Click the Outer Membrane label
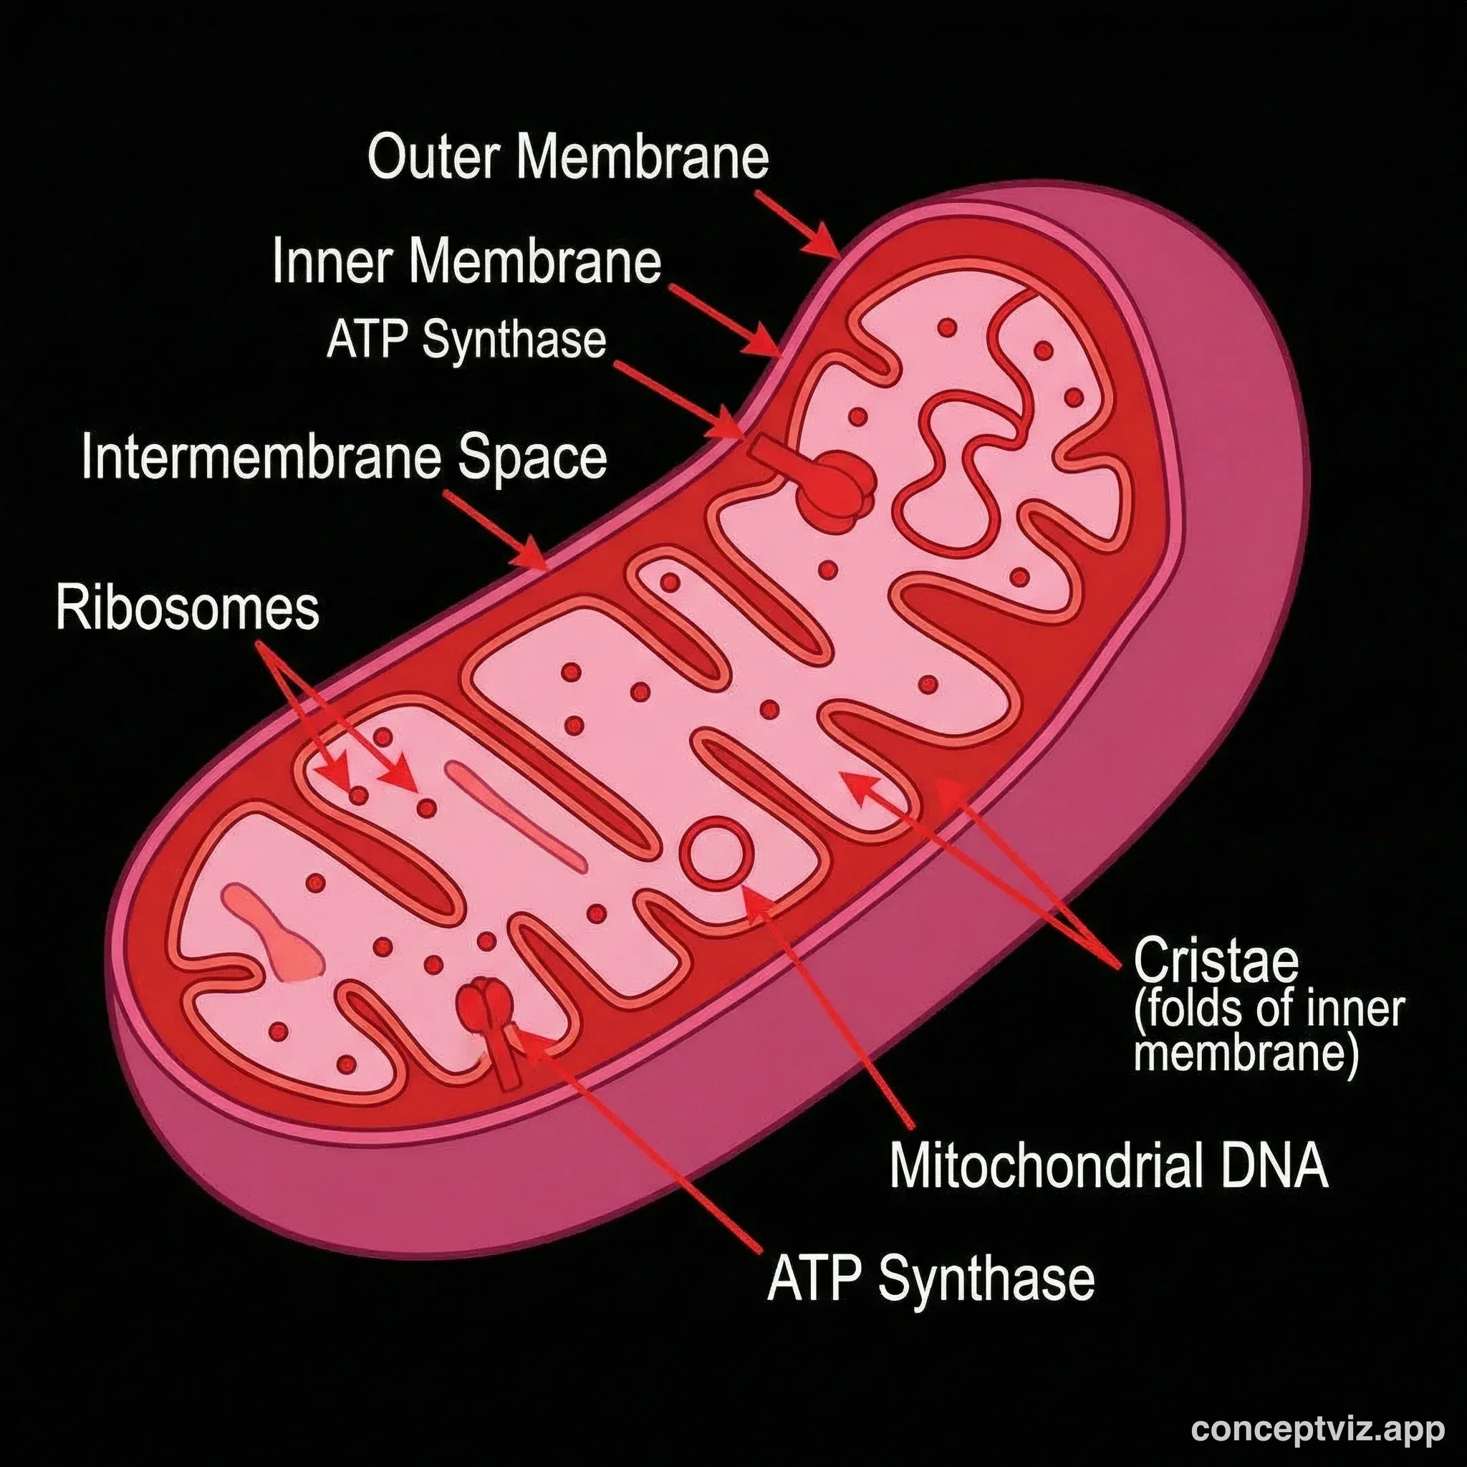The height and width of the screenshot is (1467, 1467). tap(568, 157)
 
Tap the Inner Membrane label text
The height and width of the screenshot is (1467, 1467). tap(466, 261)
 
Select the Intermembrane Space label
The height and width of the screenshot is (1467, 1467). tap(344, 457)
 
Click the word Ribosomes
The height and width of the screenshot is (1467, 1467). tap(188, 608)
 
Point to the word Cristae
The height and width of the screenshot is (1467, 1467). tap(1216, 960)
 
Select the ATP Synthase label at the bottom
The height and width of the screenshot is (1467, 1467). tap(931, 1277)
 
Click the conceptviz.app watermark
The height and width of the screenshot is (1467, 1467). tap(1317, 1429)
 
